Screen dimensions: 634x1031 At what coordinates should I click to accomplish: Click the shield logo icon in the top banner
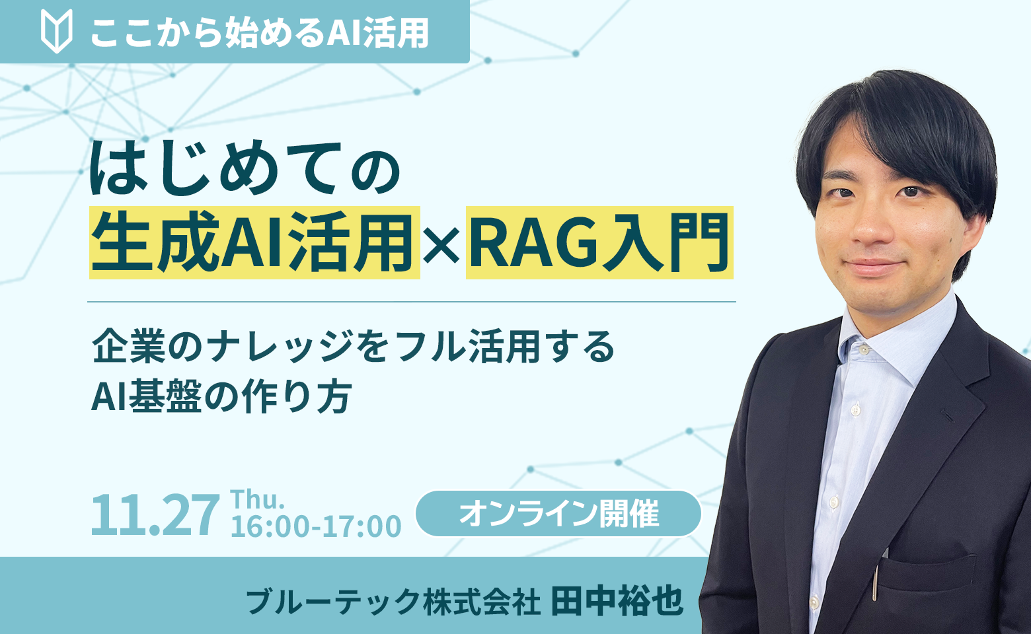pyautogui.click(x=56, y=32)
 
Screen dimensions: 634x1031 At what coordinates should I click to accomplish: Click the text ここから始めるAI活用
pyautogui.click(x=259, y=32)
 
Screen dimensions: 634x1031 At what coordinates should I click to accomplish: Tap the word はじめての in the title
pyautogui.click(x=245, y=169)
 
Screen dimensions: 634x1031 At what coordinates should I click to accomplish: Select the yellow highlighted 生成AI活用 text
pyautogui.click(x=254, y=242)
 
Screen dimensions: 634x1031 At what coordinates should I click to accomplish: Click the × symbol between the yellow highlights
pyautogui.click(x=443, y=243)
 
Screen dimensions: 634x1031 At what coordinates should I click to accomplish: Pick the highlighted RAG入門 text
pyautogui.click(x=599, y=242)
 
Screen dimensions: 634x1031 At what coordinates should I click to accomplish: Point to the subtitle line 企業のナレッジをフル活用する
pyautogui.click(x=354, y=346)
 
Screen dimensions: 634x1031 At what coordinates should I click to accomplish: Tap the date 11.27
pyautogui.click(x=155, y=515)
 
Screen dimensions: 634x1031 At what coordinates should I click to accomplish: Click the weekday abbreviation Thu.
pyautogui.click(x=257, y=499)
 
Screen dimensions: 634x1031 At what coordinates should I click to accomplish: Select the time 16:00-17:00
pyautogui.click(x=316, y=527)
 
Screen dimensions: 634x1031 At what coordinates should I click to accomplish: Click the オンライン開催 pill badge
pyautogui.click(x=558, y=513)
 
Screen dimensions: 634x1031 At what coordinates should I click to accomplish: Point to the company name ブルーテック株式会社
pyautogui.click(x=393, y=601)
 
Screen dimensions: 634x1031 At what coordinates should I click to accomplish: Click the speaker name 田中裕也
pyautogui.click(x=617, y=600)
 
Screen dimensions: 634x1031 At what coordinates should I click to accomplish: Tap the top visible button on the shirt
pyautogui.click(x=856, y=410)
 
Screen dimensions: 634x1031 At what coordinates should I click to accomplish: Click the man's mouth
pyautogui.click(x=874, y=267)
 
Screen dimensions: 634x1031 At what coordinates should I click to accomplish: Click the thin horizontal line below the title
pyautogui.click(x=411, y=302)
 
